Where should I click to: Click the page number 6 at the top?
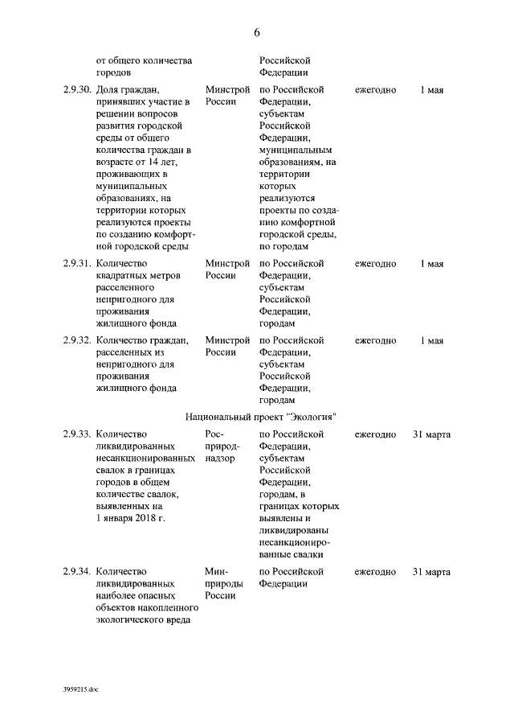click(x=257, y=32)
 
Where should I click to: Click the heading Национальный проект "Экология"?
click(x=260, y=417)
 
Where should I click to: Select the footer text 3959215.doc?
click(x=81, y=689)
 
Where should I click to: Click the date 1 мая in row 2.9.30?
click(x=431, y=90)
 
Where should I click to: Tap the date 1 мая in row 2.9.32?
click(x=431, y=340)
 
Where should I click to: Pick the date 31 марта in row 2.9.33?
click(x=431, y=434)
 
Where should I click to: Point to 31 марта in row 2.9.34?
click(x=431, y=572)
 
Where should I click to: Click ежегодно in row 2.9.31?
click(x=375, y=263)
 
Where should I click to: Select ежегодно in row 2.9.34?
click(x=375, y=572)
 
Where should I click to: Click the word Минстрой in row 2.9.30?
click(x=228, y=90)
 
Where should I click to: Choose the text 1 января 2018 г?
click(x=129, y=518)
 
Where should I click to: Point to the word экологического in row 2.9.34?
click(x=133, y=619)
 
